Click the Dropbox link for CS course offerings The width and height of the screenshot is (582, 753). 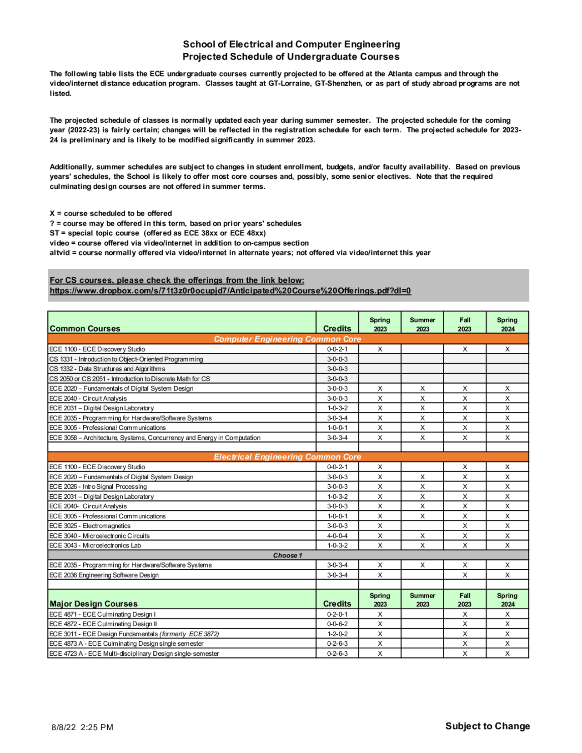[230, 291]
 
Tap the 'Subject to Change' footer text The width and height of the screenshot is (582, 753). [487, 726]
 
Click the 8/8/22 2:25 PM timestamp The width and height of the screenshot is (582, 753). [82, 727]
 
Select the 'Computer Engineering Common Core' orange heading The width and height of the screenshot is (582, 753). [287, 339]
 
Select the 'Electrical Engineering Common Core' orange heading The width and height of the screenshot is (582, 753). [287, 457]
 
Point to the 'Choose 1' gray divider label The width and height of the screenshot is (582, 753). [287, 555]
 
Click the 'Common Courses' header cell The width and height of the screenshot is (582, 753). [85, 328]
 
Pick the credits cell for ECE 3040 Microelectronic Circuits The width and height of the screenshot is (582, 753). [337, 536]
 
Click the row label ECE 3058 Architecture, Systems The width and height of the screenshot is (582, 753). [155, 438]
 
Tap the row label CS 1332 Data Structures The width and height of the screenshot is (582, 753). [107, 369]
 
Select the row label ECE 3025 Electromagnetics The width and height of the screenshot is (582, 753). [90, 526]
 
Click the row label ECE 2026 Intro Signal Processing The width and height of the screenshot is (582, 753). [98, 487]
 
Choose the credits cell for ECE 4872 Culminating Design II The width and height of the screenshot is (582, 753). [337, 624]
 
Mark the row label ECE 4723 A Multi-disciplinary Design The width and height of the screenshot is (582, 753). [134, 653]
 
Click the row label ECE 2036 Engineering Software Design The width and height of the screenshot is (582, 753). [104, 575]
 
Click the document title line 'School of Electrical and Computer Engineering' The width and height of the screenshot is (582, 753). [291, 44]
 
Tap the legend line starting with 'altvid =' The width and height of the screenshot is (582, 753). [240, 252]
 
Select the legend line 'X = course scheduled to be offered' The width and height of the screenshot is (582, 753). [110, 213]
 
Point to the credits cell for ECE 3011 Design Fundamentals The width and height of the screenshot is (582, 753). [337, 634]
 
